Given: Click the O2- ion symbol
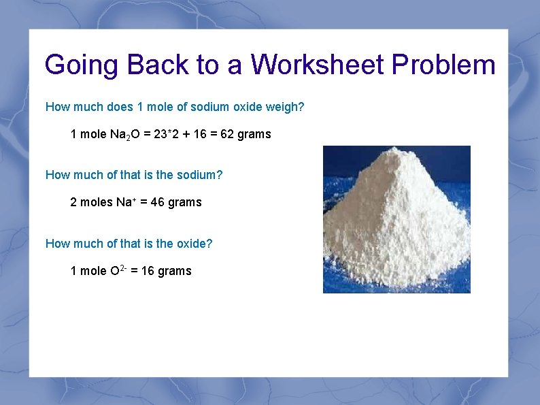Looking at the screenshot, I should (117, 270).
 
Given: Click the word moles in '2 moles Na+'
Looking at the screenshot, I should (96, 202).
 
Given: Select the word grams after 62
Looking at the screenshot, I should (254, 134).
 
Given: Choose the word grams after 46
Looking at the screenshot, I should (185, 202).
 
